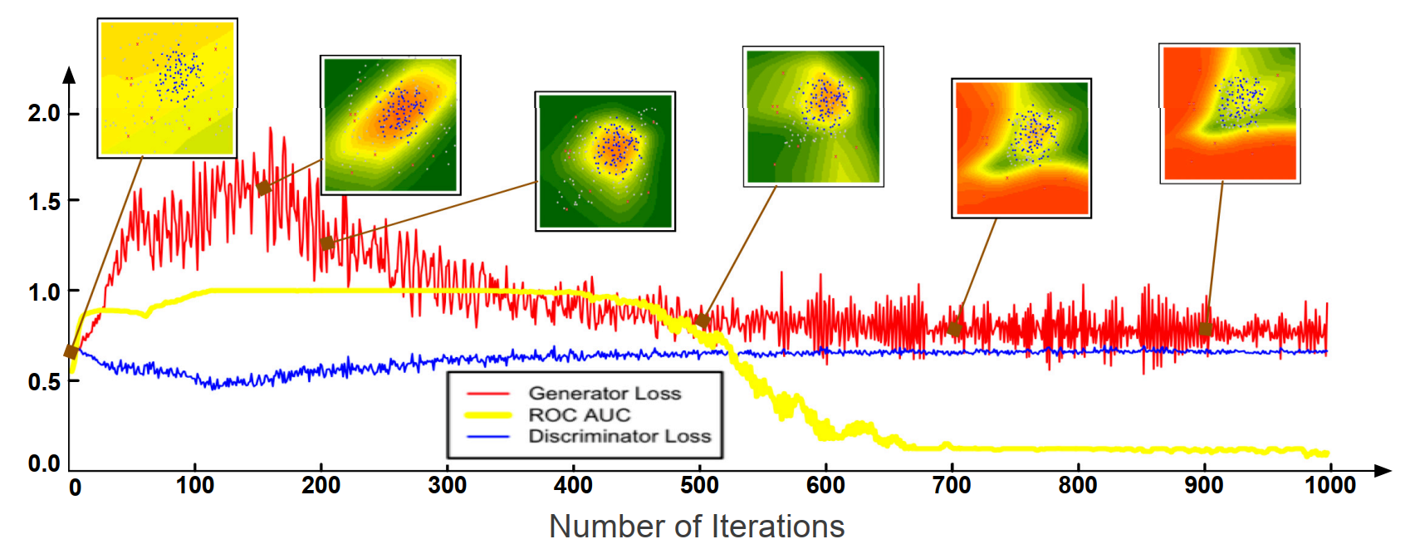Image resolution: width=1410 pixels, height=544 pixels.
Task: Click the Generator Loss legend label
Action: pyautogui.click(x=605, y=393)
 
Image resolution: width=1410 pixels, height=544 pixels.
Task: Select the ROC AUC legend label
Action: pyautogui.click(x=580, y=414)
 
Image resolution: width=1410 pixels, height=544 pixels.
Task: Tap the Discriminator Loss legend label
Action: pyautogui.click(x=619, y=436)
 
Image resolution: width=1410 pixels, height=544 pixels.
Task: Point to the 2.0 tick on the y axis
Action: pyautogui.click(x=43, y=113)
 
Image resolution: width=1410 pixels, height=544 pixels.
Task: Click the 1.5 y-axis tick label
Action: pyautogui.click(x=43, y=202)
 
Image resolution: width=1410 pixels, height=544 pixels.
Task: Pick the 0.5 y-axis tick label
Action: pyautogui.click(x=43, y=382)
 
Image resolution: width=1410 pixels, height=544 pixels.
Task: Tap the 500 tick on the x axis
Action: pyautogui.click(x=699, y=485)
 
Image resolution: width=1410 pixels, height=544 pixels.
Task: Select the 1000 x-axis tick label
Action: pyautogui.click(x=1330, y=485)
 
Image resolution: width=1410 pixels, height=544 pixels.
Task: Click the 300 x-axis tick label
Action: pyautogui.click(x=447, y=485)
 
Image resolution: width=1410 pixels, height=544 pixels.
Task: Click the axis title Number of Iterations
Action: pyautogui.click(x=697, y=527)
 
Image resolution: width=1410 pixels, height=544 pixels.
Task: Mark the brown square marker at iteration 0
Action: pyautogui.click(x=71, y=352)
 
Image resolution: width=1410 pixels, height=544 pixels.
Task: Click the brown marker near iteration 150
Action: pyautogui.click(x=264, y=189)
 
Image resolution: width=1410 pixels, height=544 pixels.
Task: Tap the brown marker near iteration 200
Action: pyautogui.click(x=327, y=243)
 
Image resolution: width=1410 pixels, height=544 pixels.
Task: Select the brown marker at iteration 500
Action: pyautogui.click(x=703, y=321)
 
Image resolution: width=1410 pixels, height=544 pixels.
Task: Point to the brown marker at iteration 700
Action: pyautogui.click(x=955, y=329)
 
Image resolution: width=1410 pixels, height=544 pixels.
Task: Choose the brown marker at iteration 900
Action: pyautogui.click(x=1206, y=328)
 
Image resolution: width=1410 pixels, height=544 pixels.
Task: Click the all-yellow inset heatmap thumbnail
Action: pyautogui.click(x=168, y=88)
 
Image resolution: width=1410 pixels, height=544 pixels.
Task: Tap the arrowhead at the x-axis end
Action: pyautogui.click(x=1383, y=471)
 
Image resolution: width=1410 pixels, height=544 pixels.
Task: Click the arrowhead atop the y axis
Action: pyautogui.click(x=70, y=76)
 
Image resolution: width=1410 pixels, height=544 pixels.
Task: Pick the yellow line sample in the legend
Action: pyautogui.click(x=488, y=414)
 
